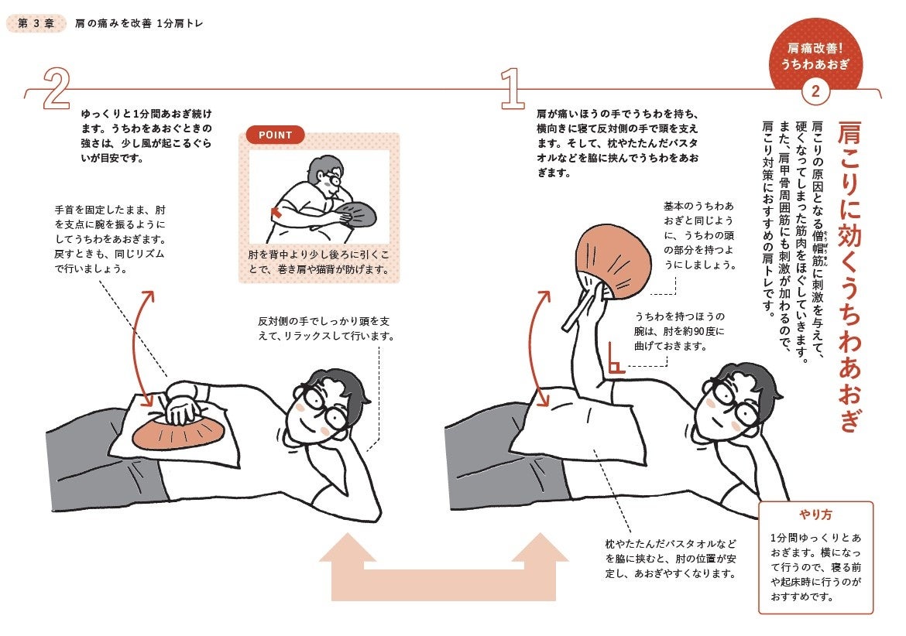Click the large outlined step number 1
(510, 89)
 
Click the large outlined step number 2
(56, 90)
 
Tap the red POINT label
(275, 135)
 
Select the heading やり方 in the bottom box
(815, 515)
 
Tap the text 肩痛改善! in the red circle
(815, 48)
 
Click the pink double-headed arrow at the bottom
(444, 569)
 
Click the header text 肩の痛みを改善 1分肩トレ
(139, 23)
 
